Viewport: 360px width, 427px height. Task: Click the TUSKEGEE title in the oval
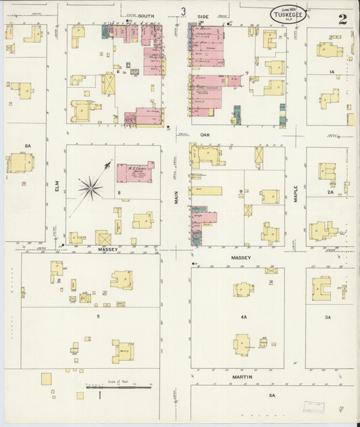(288, 15)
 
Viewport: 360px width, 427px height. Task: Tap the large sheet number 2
(343, 19)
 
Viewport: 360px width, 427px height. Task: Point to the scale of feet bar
(119, 387)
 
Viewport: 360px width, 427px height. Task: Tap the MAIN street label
(177, 197)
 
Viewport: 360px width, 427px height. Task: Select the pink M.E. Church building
(135, 172)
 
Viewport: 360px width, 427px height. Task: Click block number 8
(119, 193)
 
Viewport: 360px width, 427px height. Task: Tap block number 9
(240, 193)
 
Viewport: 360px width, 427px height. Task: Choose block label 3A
(328, 316)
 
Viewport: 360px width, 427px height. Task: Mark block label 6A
(28, 145)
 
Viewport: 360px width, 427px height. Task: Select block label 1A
(331, 71)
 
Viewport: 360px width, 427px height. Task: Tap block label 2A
(331, 192)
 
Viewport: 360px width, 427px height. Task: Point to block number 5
(99, 316)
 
